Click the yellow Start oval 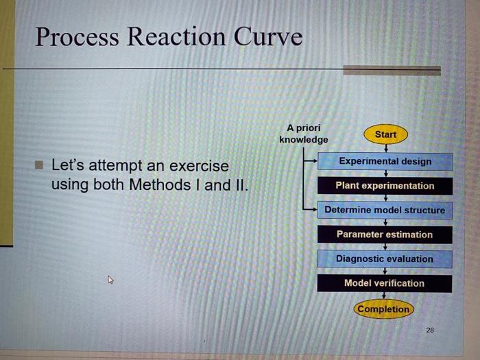point(385,134)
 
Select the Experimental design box point(385,161)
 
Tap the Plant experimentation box point(385,186)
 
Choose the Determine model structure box point(385,210)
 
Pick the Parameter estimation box point(385,235)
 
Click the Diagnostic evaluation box point(385,259)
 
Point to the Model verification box point(385,283)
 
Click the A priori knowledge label point(303,134)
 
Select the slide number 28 point(430,330)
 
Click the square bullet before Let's point(40,165)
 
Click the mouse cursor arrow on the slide point(109,279)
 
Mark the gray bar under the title point(391,70)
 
